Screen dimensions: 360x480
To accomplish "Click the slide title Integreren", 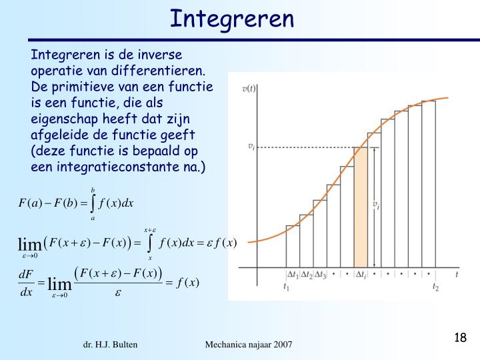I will point(231,18).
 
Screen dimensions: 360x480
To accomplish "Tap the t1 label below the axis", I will point(287,287).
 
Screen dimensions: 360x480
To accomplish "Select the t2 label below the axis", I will point(436,287).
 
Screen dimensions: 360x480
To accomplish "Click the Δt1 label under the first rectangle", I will point(293,274).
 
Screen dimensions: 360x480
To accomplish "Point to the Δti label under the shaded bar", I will point(361,274).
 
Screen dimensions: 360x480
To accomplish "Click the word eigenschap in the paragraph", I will point(62,119).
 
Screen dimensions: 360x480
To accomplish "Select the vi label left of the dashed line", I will point(251,146).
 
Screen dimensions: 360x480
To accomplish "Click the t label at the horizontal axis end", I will point(457,274).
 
